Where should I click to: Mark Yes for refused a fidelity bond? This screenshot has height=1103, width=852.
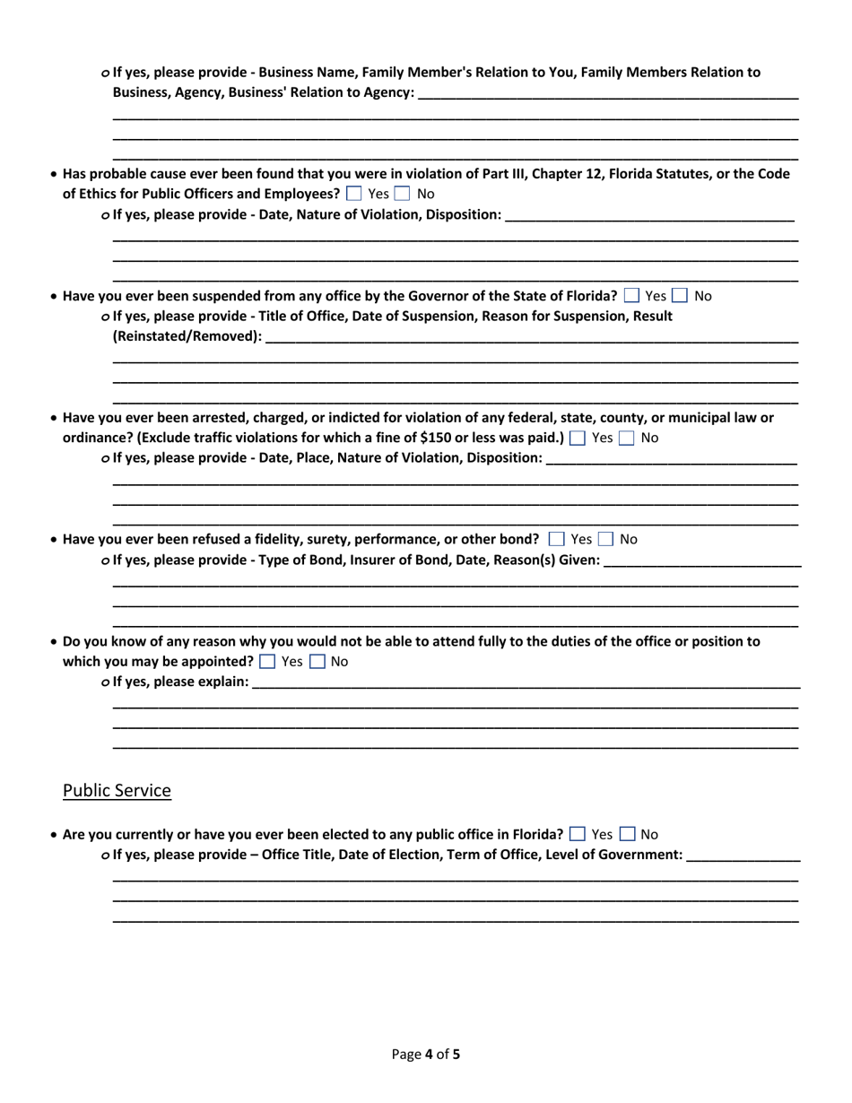(x=556, y=540)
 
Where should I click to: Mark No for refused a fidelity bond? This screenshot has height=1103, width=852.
(x=607, y=540)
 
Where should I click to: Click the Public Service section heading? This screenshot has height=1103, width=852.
(x=116, y=791)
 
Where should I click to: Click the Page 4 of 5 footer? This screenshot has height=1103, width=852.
(x=426, y=1055)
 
